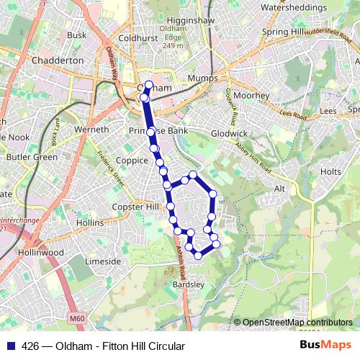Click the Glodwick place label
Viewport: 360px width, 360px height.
230,133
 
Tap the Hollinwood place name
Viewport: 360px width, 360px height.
40,253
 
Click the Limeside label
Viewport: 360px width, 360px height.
103,261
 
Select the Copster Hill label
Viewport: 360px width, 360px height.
135,207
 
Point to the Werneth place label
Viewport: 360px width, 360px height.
91,130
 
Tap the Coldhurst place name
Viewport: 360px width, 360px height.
138,37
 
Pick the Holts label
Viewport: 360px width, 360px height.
330,172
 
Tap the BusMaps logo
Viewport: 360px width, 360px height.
326,346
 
